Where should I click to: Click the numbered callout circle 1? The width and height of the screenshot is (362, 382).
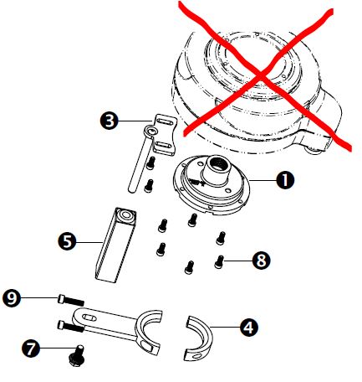285,180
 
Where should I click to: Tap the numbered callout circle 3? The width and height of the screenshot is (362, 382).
110,121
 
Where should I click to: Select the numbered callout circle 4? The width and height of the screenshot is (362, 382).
249,327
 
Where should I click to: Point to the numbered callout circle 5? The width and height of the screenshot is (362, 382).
67,241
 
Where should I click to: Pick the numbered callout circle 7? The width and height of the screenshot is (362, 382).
31,348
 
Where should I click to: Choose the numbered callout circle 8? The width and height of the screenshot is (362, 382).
261,261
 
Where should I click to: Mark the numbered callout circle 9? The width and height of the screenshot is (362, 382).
12,298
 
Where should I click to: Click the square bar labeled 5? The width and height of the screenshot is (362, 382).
115,245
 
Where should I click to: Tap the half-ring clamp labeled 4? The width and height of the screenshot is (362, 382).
198,338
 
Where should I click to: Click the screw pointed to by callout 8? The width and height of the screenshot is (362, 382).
219,261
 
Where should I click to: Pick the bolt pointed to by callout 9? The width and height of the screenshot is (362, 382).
71,301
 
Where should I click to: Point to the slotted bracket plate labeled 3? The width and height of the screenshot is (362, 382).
165,134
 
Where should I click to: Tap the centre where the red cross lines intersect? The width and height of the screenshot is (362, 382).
261,75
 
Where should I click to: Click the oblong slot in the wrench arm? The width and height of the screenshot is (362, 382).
89,317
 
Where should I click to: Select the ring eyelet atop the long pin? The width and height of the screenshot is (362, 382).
150,131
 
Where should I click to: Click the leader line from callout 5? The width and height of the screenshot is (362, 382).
89,242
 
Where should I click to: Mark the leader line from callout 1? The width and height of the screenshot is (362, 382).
263,180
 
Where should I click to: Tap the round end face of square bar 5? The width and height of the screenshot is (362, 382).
125,214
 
